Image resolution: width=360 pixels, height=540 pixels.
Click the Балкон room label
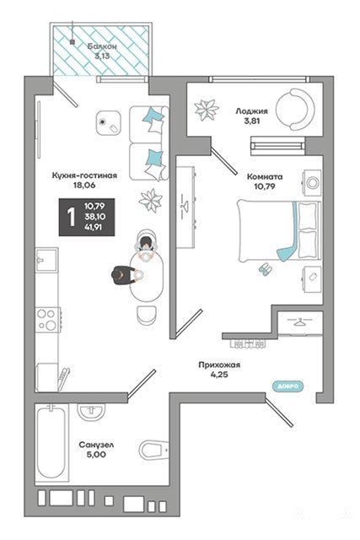coord(102,46)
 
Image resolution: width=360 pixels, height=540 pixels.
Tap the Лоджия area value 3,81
coord(252,121)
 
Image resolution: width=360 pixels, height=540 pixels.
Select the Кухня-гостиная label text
coord(84,175)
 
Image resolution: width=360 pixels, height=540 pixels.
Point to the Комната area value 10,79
coord(265,186)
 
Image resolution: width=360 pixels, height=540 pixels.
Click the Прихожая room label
coord(219,364)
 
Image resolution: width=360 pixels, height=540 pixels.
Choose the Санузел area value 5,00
coord(96,455)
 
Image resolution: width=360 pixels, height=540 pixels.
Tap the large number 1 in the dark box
coord(71,217)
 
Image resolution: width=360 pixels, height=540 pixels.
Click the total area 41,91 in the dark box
coord(94,227)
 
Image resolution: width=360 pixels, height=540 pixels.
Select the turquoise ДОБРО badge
coord(288,386)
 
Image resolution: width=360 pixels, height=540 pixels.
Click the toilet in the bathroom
coord(153,450)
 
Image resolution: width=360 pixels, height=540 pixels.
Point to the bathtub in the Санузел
coord(51,442)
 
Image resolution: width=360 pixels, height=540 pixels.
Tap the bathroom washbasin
coord(91,412)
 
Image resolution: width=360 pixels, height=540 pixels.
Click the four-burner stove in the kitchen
coord(48,320)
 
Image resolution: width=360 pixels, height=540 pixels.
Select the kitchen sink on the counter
coord(47,260)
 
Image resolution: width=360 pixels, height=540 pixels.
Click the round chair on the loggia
coord(295,109)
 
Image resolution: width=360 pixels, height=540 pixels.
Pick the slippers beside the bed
coord(265,268)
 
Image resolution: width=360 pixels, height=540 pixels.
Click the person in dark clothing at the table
coord(125,276)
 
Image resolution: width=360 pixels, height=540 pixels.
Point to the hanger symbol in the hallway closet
coord(300,322)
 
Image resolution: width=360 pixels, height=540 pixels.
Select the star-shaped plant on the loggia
coord(207,111)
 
